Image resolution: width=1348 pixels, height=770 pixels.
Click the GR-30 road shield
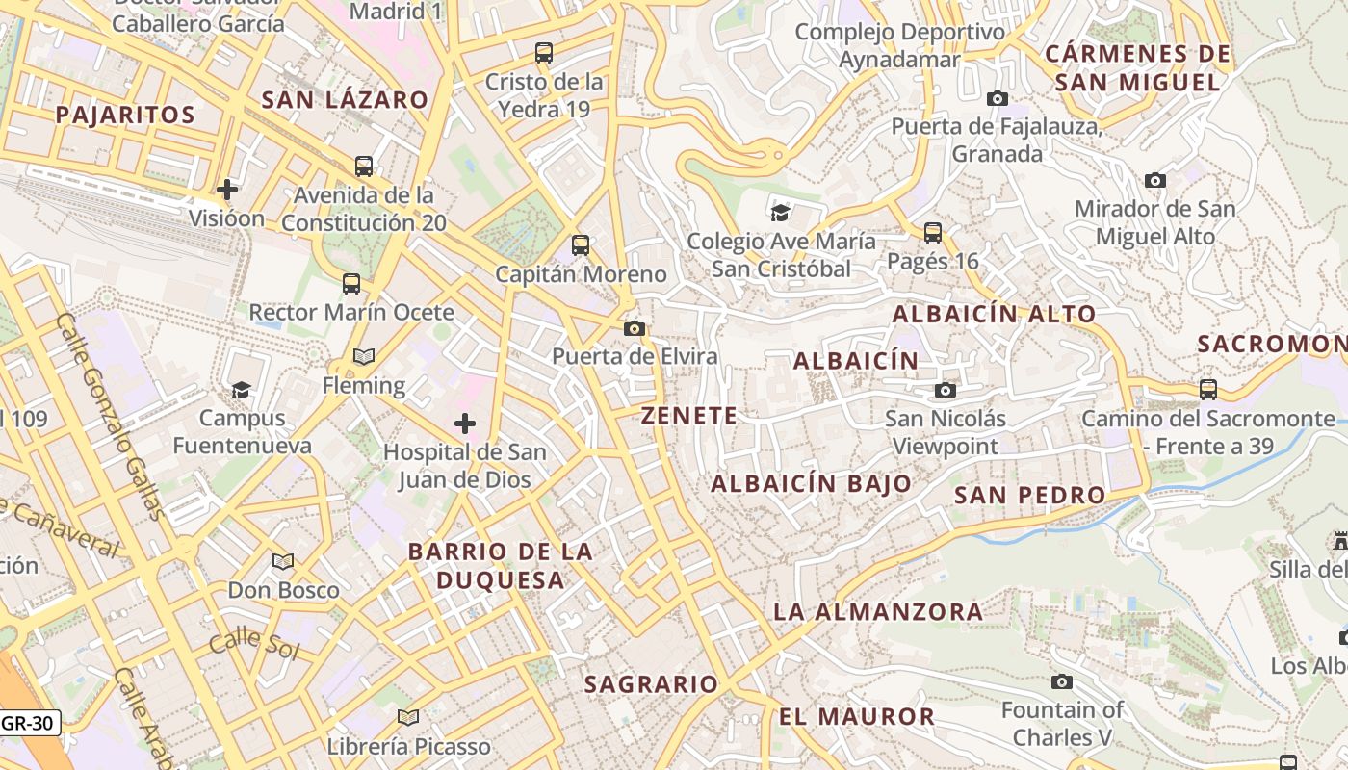coord(30,722)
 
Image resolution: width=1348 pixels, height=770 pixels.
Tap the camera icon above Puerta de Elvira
coord(634,329)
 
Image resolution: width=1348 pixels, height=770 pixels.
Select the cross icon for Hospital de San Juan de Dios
coord(465,423)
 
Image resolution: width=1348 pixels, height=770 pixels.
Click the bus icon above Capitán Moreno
coord(581,245)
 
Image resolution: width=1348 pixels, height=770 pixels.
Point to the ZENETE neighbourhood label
coord(689,416)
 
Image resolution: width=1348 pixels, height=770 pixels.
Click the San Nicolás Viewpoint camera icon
coord(946,390)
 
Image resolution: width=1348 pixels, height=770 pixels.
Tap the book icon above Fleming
coord(364,357)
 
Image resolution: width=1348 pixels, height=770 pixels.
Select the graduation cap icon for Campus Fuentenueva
coord(241,390)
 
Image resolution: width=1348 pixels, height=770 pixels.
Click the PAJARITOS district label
coord(125,115)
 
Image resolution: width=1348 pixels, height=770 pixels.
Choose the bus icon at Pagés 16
coord(932,232)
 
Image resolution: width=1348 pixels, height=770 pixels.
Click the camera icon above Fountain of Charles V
coord(1062,682)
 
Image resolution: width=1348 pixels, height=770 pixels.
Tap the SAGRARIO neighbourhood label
coord(652,684)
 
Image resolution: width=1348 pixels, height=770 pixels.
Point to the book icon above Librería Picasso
coord(408,717)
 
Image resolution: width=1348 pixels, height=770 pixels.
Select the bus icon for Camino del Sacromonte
coord(1208,390)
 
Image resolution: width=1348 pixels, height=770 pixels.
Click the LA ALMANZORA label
coord(878,612)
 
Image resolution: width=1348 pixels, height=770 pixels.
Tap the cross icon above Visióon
coord(227,190)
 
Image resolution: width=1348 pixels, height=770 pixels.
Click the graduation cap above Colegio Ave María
coord(780,213)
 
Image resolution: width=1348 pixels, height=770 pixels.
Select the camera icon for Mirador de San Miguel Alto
coord(1155,180)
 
